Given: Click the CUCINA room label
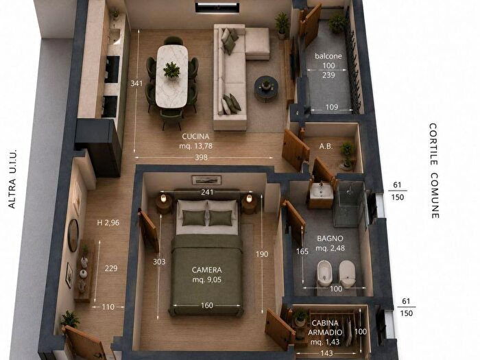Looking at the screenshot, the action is [195, 136].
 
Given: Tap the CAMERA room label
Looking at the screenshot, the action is [206, 269].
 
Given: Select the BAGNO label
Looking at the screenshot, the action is [330, 238].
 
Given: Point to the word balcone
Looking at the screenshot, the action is [328, 56].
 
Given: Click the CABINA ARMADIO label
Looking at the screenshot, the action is [325, 328].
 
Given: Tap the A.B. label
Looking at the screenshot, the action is [326, 146].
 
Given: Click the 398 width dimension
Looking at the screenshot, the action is [201, 157].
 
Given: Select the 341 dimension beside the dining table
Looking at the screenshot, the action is [136, 83].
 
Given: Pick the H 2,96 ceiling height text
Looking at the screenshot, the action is [108, 223].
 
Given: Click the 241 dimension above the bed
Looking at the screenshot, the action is [207, 192].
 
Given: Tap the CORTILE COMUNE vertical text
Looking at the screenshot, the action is [434, 171].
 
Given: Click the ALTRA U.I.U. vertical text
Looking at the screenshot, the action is [12, 180].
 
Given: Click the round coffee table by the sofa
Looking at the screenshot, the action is [266, 88].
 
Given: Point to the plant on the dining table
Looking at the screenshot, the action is [171, 71].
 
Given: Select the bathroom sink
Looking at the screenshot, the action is [321, 192].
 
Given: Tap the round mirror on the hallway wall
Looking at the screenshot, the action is [73, 235].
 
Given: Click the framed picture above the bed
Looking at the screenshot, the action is [206, 180].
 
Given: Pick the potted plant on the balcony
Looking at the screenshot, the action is [337, 23].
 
